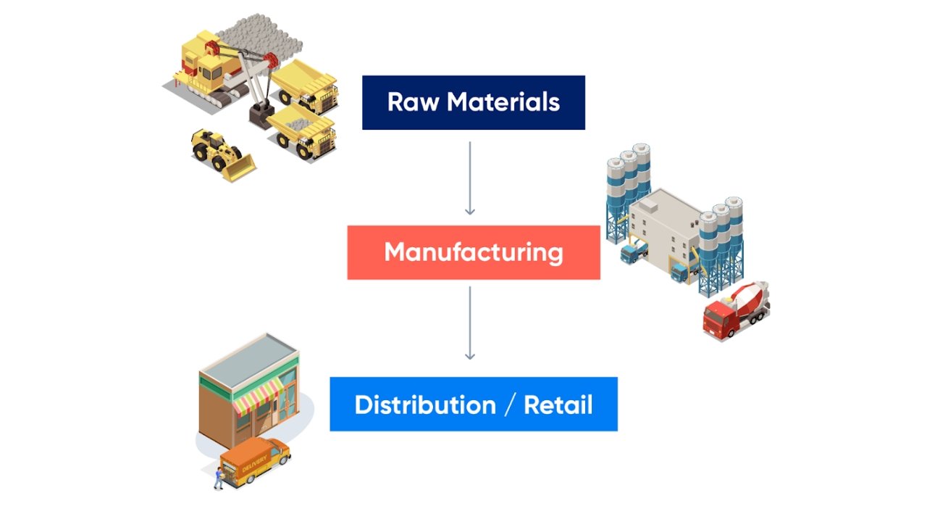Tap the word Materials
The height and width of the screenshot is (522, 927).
click(503, 102)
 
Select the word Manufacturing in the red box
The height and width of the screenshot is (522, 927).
click(474, 252)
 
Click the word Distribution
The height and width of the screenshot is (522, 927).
click(425, 405)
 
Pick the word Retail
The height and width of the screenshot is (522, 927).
click(558, 405)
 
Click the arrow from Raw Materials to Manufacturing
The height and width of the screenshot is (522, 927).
click(470, 178)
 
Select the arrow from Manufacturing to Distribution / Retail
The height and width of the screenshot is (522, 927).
click(470, 323)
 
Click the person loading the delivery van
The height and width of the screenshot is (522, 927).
click(217, 477)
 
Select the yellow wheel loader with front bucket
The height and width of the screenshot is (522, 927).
click(221, 154)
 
